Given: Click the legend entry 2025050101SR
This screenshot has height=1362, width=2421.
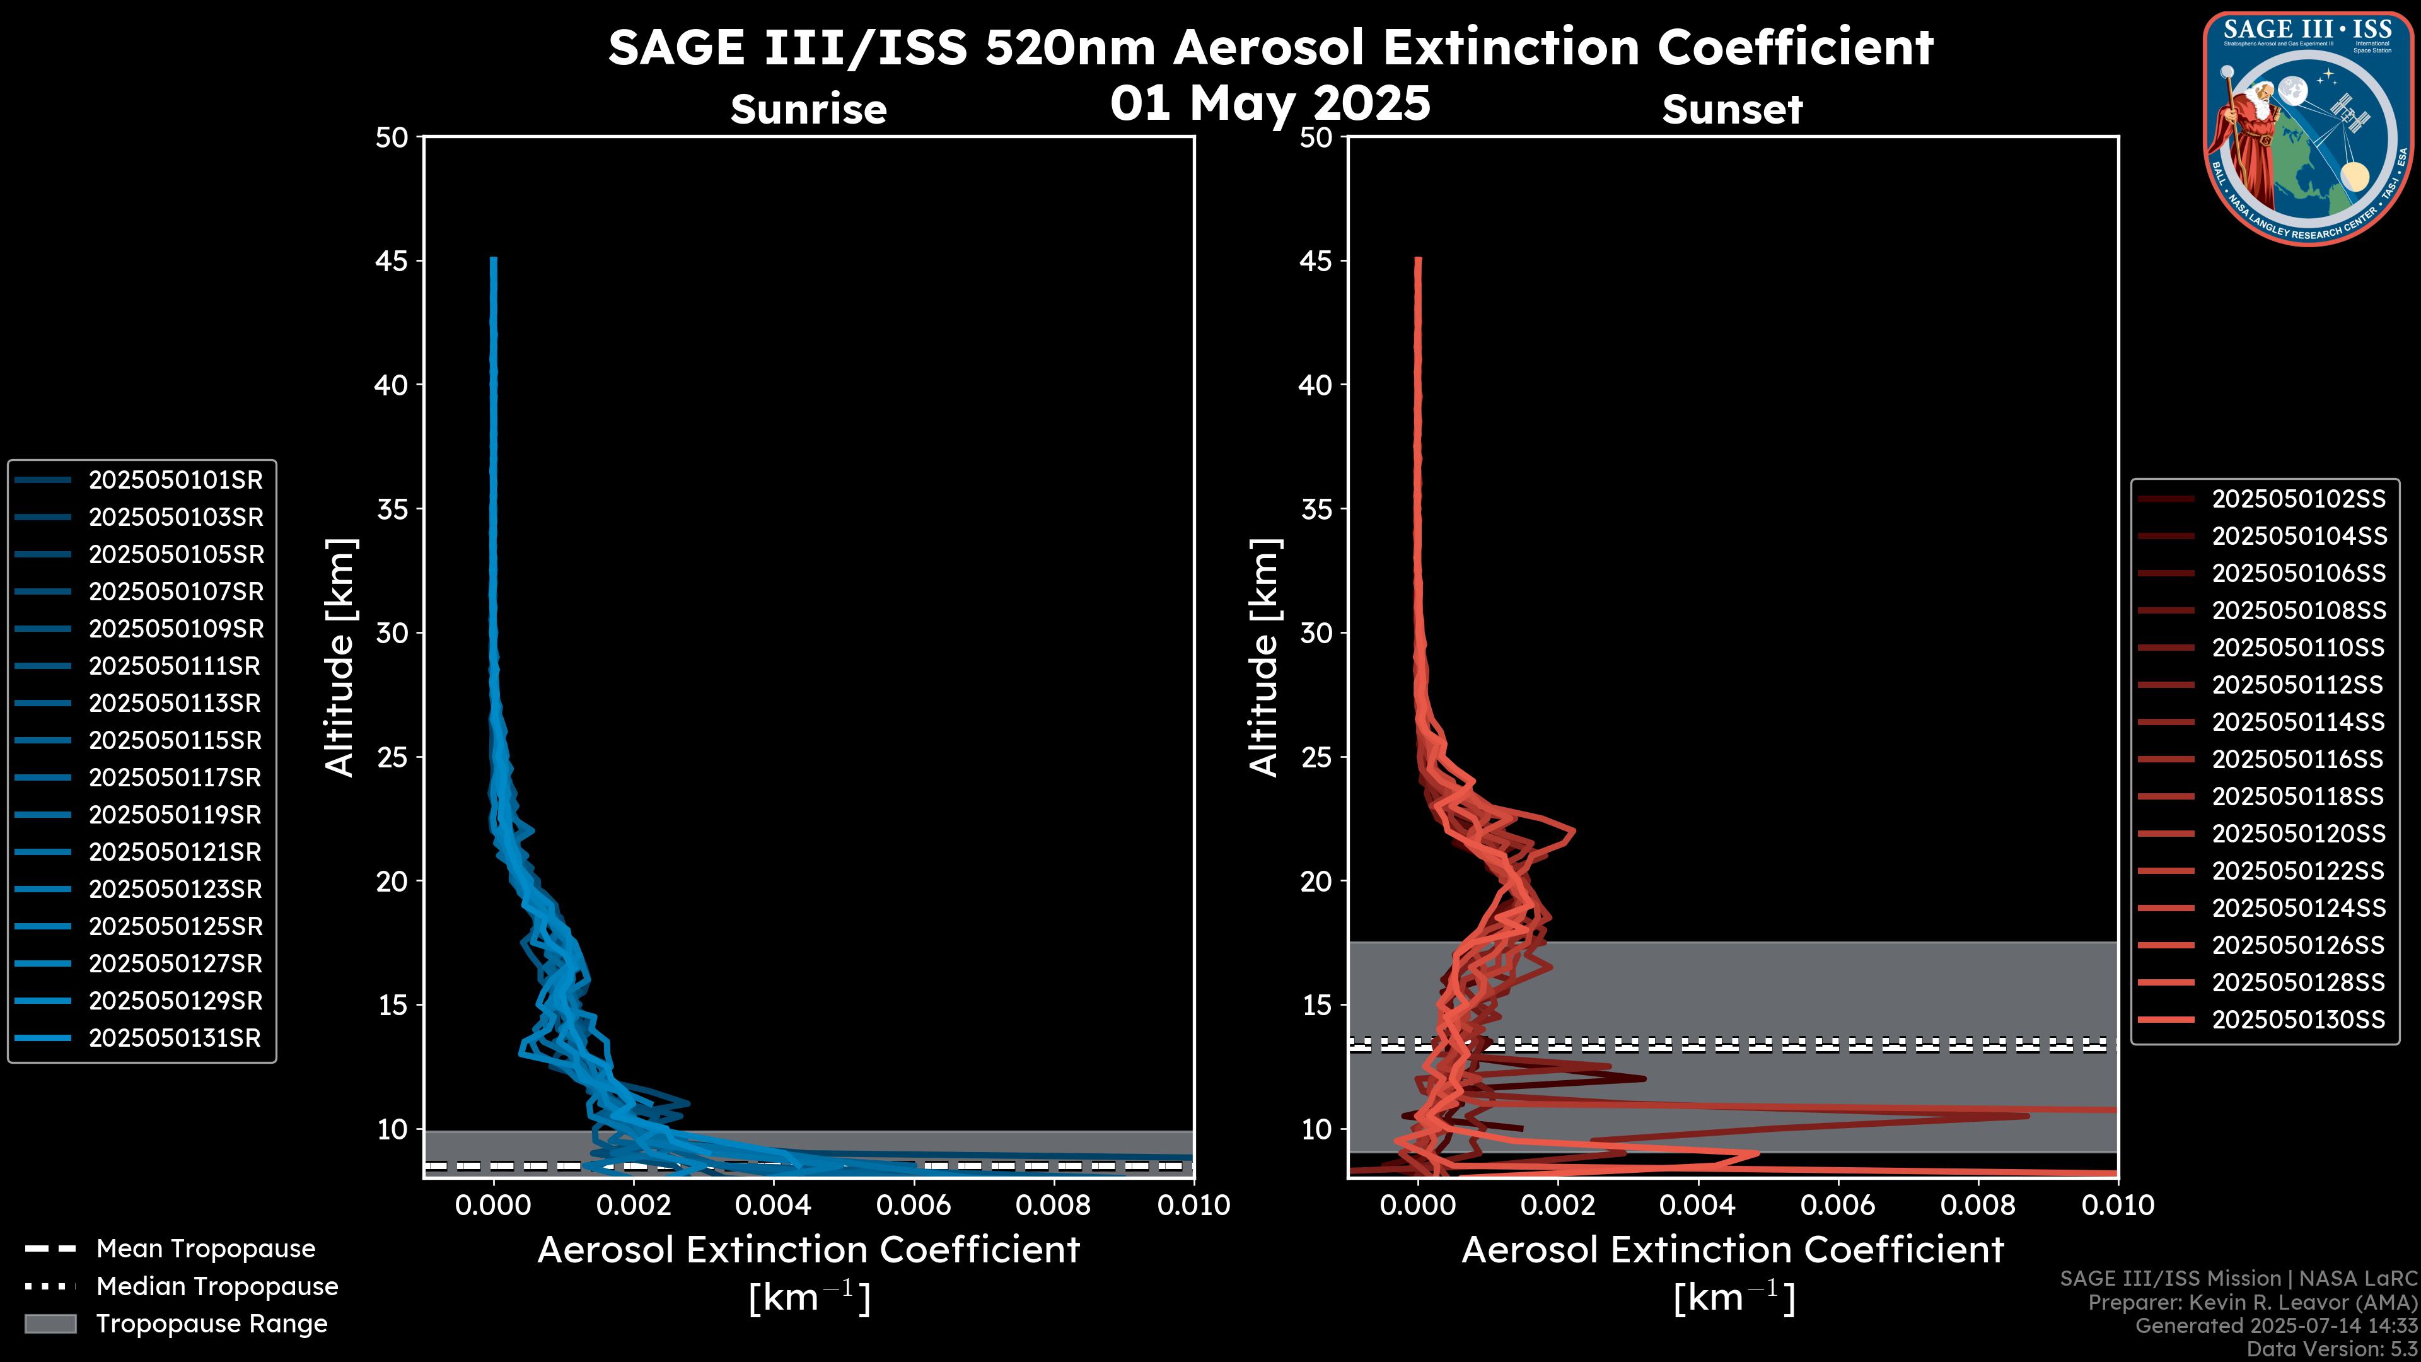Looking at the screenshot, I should coord(175,480).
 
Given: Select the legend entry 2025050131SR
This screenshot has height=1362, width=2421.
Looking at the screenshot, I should coord(175,1039).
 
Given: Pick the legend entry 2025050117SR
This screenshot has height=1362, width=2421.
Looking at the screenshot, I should coord(175,778).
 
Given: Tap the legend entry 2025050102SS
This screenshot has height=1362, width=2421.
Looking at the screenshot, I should coord(2298,499).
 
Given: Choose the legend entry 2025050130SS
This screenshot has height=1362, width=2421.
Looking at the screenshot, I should coord(2298,1020).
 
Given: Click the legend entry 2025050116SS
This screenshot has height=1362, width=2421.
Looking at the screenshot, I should coord(2298,759).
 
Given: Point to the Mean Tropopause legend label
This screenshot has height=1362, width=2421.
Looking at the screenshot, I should coord(205,1249).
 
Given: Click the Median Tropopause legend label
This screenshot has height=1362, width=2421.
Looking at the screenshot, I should coord(216,1287).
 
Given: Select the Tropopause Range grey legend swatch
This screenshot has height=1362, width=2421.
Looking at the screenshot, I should coord(50,1324).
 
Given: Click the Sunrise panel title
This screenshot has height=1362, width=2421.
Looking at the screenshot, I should coord(808,110).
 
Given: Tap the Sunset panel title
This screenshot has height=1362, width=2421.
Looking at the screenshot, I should coord(1732,110).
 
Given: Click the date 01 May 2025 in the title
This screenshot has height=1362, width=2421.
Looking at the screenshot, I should coord(1270,103).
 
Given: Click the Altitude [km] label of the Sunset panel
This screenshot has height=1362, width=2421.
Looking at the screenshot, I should coord(1264,657).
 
